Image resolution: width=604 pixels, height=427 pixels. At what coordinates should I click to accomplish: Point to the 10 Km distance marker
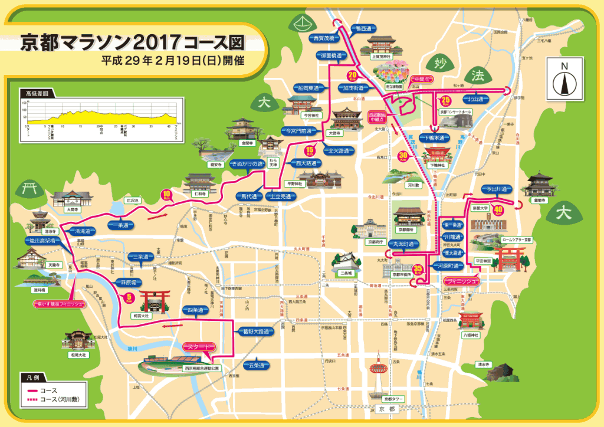166,195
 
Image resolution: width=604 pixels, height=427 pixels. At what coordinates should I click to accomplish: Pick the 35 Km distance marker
418,270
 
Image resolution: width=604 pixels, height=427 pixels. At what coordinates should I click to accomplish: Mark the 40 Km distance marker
499,209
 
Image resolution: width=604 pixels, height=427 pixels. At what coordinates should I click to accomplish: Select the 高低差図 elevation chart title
37,93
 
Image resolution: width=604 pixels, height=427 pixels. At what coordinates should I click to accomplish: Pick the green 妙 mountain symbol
437,64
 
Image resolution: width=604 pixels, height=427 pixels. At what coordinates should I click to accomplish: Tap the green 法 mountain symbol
476,74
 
